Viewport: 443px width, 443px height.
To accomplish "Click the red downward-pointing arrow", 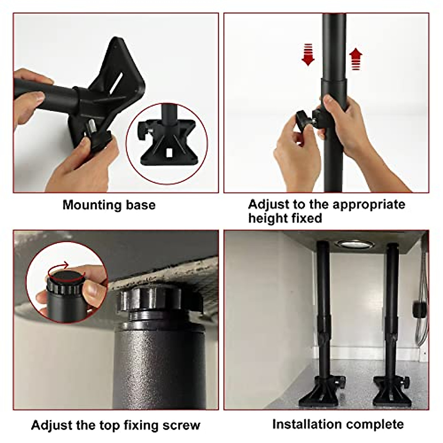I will point(308,54).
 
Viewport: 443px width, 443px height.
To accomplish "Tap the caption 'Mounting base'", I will point(109,205).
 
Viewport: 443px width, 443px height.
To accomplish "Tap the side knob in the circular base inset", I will point(142,130).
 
